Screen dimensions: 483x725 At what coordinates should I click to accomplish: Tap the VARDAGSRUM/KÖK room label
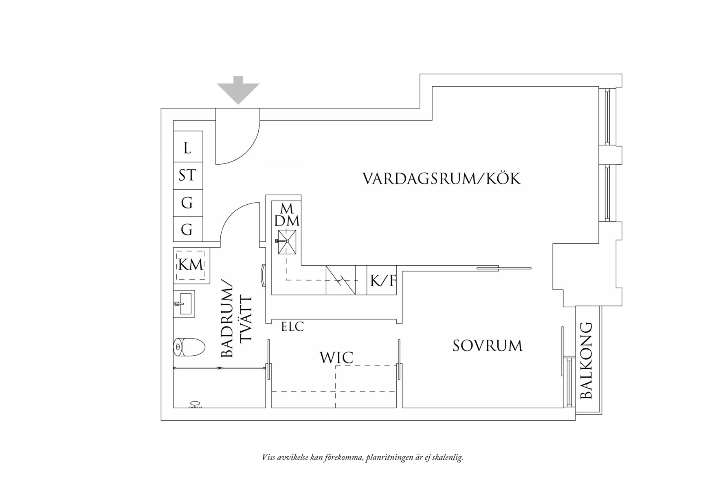442,179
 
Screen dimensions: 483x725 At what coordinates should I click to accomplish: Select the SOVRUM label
488,346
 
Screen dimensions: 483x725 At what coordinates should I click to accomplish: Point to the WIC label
336,358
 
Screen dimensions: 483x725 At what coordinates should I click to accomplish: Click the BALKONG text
586,361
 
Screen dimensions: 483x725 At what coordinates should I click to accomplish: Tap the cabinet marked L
187,148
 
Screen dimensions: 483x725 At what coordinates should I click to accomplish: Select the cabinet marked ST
187,176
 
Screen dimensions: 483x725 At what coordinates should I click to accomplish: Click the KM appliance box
191,265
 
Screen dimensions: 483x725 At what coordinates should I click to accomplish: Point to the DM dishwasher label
287,221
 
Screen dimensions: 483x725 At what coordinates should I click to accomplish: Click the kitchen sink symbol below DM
287,242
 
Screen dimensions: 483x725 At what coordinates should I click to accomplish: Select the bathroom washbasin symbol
184,304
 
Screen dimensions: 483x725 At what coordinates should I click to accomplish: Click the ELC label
292,327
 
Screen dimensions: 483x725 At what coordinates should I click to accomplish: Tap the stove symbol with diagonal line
341,280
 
